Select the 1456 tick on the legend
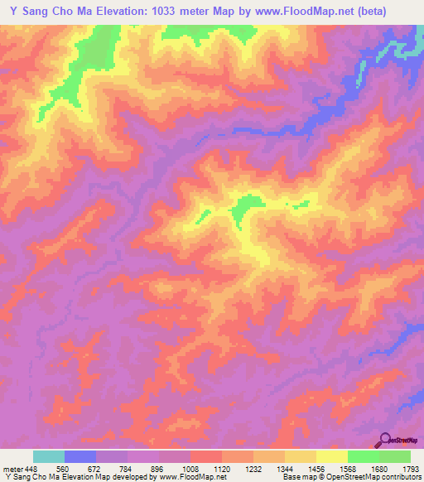pos(316,467)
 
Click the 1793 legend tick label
pos(410,467)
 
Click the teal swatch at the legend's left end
pos(49,456)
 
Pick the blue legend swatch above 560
pos(80,456)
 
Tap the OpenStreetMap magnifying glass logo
pos(387,439)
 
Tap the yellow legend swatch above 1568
pos(332,456)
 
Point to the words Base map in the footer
pos(296,477)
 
